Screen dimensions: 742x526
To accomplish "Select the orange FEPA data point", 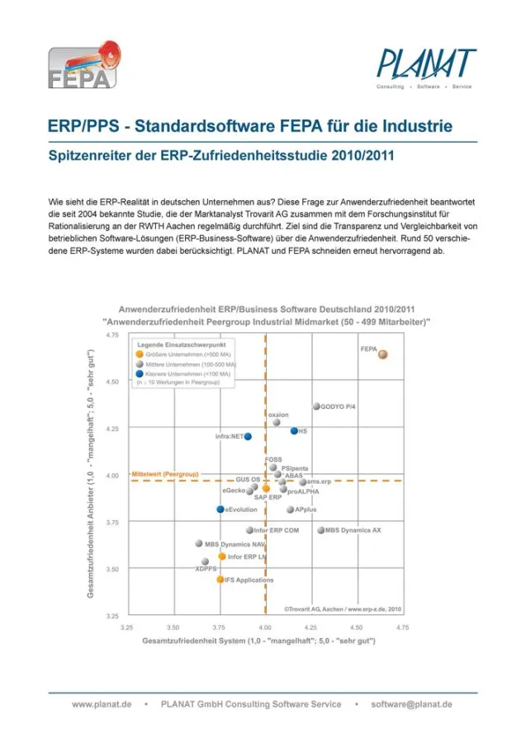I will coord(383,355).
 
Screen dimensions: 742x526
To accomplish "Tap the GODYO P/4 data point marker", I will coord(316,406).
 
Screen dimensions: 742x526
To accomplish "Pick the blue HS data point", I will coord(294,430).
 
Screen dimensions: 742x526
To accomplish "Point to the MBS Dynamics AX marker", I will coord(321,530).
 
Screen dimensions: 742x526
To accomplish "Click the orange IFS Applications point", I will coord(220,580).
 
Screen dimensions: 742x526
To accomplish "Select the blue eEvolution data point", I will coord(220,510).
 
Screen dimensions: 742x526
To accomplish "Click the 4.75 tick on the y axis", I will coord(111,336).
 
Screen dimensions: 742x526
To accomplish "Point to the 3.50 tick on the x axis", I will coord(173,627).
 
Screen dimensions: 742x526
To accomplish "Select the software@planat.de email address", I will coord(411,705).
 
